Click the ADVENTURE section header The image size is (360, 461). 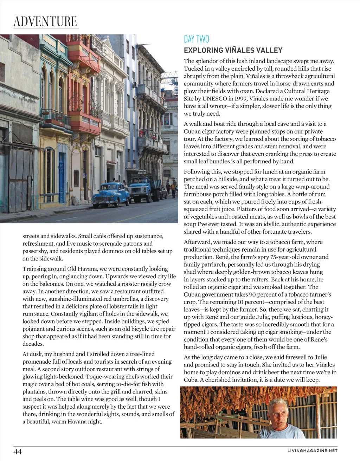coord(45,21)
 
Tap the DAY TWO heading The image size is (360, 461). coord(197,39)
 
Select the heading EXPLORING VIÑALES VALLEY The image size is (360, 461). coord(233,50)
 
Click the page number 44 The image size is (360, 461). coord(18,451)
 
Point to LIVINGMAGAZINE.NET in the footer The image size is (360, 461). coord(312,450)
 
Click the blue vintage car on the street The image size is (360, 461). coord(111,195)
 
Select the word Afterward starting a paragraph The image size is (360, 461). coord(197,242)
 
